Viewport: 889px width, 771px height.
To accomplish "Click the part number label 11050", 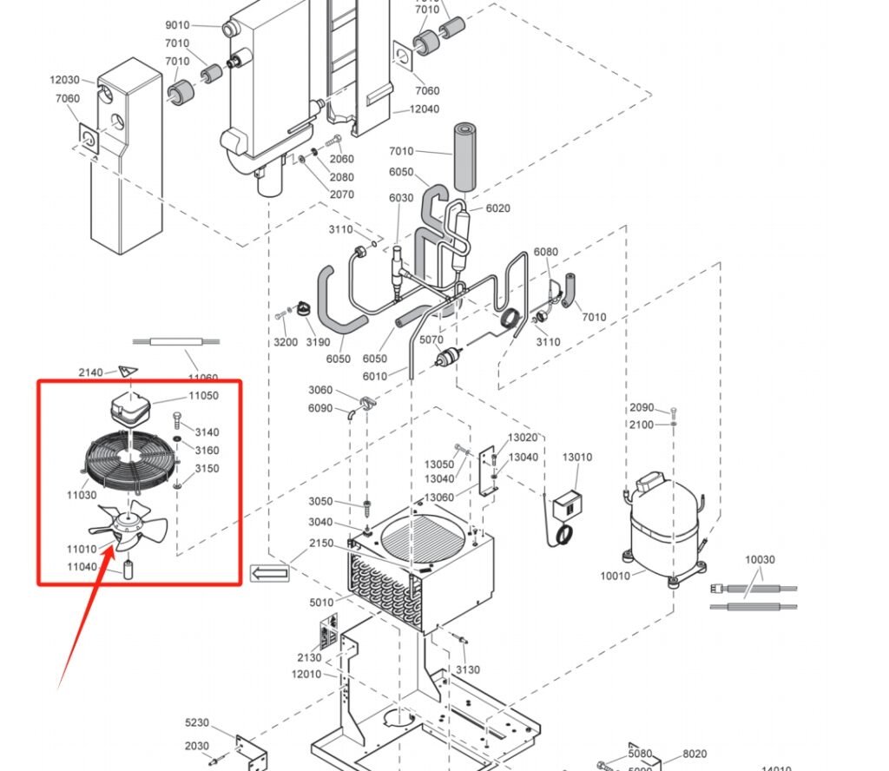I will [203, 396].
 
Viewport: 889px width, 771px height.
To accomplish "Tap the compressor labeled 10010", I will [663, 525].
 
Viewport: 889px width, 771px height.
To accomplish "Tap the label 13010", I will [577, 458].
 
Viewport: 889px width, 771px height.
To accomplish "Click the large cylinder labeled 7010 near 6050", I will [465, 156].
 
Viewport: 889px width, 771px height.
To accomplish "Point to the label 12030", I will [64, 81].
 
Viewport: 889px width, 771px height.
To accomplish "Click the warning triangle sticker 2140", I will [128, 372].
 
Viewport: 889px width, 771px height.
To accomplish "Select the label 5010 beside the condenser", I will [320, 602].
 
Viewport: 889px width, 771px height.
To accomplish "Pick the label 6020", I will [497, 208].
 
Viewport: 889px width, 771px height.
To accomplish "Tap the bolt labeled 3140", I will [178, 422].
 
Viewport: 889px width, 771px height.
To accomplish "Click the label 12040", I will [425, 109].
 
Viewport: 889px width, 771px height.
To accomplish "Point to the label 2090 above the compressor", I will [642, 407].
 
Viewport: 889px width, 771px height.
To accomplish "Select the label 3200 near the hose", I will [286, 342].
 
